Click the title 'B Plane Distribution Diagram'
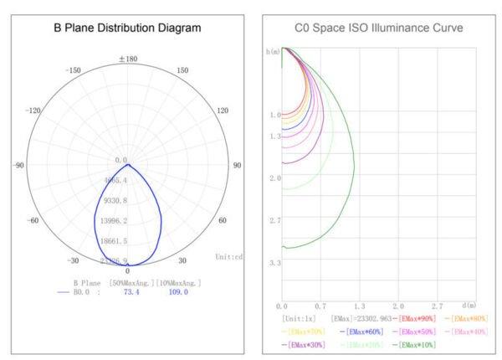click(x=128, y=28)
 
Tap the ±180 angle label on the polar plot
click(x=128, y=59)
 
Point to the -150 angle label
click(x=72, y=70)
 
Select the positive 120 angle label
click(x=223, y=111)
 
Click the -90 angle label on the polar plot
click(x=18, y=166)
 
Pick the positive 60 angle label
click(x=223, y=221)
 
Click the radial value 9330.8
click(x=115, y=201)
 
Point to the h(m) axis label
click(x=274, y=52)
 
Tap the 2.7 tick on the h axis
click(x=274, y=220)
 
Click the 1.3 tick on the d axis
click(x=360, y=306)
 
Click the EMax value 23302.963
click(x=362, y=319)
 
